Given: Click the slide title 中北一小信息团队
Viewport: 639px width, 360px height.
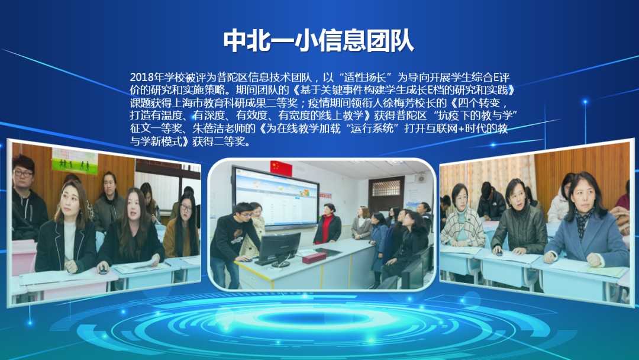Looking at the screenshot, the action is (x=318, y=41).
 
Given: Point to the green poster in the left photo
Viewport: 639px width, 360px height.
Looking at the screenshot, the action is (x=75, y=161).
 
